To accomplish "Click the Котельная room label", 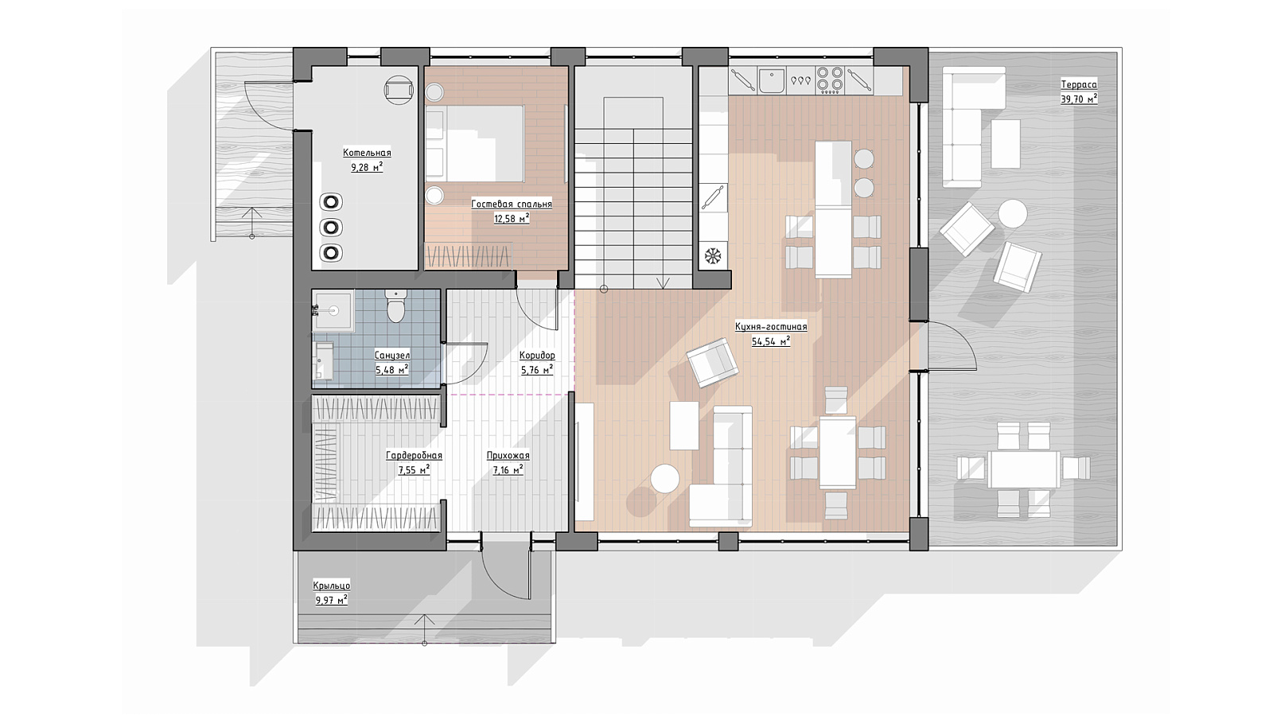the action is [367, 153].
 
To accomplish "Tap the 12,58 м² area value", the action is [512, 219].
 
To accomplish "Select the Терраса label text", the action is [1079, 84].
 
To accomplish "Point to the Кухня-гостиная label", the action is [771, 327].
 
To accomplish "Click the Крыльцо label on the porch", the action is [331, 586].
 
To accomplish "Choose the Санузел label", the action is [392, 356].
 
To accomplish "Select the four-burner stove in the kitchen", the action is [830, 80].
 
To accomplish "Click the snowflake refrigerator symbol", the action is [713, 255].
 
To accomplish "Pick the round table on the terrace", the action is [1013, 214].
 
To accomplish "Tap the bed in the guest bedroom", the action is [474, 143].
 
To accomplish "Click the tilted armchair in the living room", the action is [713, 363].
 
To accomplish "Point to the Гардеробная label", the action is [414, 456].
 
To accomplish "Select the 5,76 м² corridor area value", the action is [537, 370].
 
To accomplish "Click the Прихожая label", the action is [508, 456].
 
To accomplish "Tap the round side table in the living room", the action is [665, 478].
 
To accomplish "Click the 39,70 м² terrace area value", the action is [1079, 99].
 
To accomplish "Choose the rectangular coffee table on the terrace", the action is [1006, 143].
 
